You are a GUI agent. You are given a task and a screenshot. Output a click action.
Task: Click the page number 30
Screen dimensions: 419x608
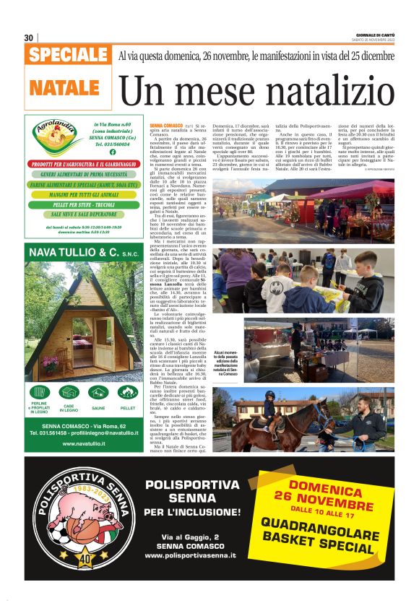tap(28, 38)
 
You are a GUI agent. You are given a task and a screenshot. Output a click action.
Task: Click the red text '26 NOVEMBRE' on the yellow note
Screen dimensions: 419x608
tap(324, 503)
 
